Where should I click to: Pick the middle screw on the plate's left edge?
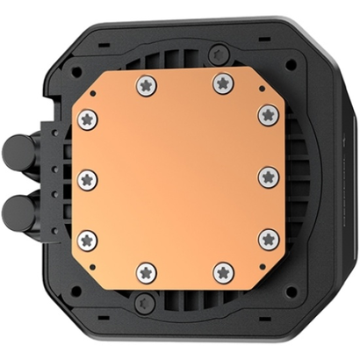tap(86, 178)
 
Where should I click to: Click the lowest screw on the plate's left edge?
tap(86, 238)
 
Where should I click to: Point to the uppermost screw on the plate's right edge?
tap(267, 114)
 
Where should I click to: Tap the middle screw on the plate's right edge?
tap(267, 176)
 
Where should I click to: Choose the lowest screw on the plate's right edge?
tap(267, 238)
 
